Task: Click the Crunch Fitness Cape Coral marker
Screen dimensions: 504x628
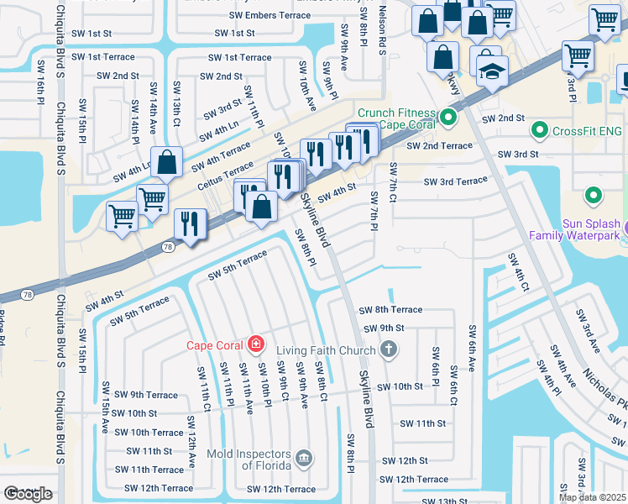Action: pos(449,118)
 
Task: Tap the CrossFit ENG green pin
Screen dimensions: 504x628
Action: pos(540,131)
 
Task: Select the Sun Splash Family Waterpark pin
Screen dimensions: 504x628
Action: pos(594,197)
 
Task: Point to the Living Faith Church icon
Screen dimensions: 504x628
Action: pos(388,349)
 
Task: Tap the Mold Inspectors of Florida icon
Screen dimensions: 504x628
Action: pos(304,459)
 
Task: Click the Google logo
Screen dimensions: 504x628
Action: pos(28,494)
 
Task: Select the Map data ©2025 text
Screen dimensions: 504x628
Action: pos(592,497)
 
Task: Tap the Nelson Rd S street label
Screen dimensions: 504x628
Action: pos(381,30)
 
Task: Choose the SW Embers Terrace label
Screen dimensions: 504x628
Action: pos(269,16)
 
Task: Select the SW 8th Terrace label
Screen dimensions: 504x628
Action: pos(390,310)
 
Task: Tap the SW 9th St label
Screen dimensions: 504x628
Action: pos(384,328)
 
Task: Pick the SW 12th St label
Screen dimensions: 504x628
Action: pos(405,461)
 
